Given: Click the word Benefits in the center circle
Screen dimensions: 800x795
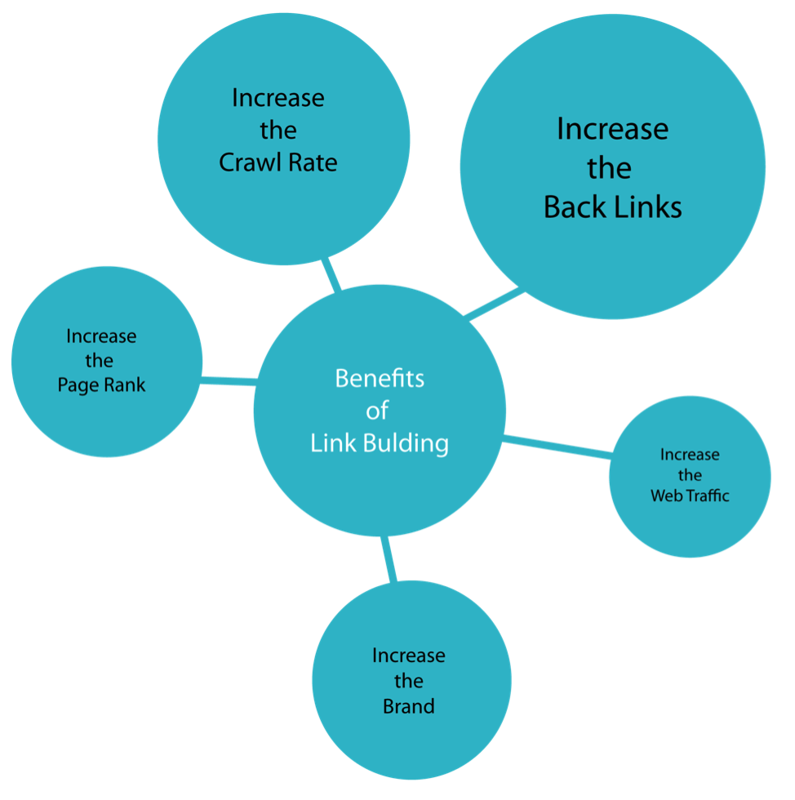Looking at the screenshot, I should click(x=380, y=379).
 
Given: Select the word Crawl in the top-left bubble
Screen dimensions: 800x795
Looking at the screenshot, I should click(x=248, y=162).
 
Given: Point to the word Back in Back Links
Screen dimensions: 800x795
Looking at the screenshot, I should click(x=575, y=207).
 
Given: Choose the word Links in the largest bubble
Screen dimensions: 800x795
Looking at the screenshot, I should click(x=649, y=207).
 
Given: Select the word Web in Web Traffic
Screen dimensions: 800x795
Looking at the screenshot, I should click(x=664, y=496).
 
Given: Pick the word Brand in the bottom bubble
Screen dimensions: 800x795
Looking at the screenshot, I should click(x=409, y=705).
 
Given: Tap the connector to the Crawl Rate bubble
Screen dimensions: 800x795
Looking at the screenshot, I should click(x=331, y=275).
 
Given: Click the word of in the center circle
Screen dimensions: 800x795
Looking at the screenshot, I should click(x=379, y=411).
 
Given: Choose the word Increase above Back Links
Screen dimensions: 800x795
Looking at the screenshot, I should click(x=612, y=129).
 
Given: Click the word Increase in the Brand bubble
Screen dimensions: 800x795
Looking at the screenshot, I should click(x=409, y=656).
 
